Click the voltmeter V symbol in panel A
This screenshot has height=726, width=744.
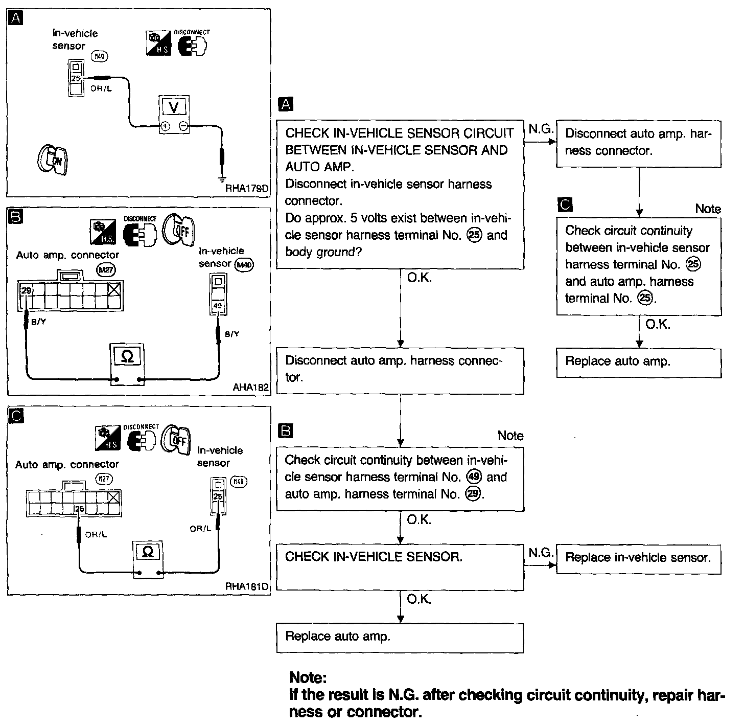[x=174, y=107]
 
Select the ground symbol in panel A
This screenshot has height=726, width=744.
[x=222, y=179]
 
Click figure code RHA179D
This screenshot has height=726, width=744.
[x=247, y=189]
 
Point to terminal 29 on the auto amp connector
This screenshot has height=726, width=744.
[x=25, y=290]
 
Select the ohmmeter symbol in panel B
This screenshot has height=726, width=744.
[x=128, y=356]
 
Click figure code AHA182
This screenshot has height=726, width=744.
[x=250, y=387]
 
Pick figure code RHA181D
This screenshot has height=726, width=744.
[x=247, y=586]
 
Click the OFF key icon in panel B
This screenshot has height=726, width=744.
[x=179, y=230]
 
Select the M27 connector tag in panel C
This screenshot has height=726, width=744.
[x=104, y=479]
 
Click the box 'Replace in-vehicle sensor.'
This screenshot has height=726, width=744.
[x=638, y=558]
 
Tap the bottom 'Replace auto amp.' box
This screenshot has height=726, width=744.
[x=400, y=637]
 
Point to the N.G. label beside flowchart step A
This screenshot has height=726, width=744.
[x=541, y=129]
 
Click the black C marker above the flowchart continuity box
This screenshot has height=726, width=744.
[x=566, y=205]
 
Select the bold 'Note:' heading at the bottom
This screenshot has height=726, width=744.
[x=308, y=678]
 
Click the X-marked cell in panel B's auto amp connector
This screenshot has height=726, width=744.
[x=115, y=290]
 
